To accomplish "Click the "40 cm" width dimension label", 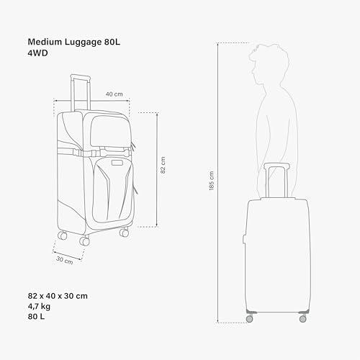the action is tap(114, 94).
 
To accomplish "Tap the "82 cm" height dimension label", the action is tap(163, 165).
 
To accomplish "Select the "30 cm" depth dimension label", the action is tap(65, 260).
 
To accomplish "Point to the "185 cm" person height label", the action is tap(212, 181).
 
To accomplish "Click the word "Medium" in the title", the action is tap(45, 42).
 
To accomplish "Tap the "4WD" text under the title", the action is tap(37, 53).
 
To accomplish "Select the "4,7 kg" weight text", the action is tap(39, 307).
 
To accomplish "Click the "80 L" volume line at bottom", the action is tap(36, 317).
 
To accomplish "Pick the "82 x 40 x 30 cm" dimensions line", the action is tap(58, 296).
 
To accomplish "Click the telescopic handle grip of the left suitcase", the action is tap(81, 77).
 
